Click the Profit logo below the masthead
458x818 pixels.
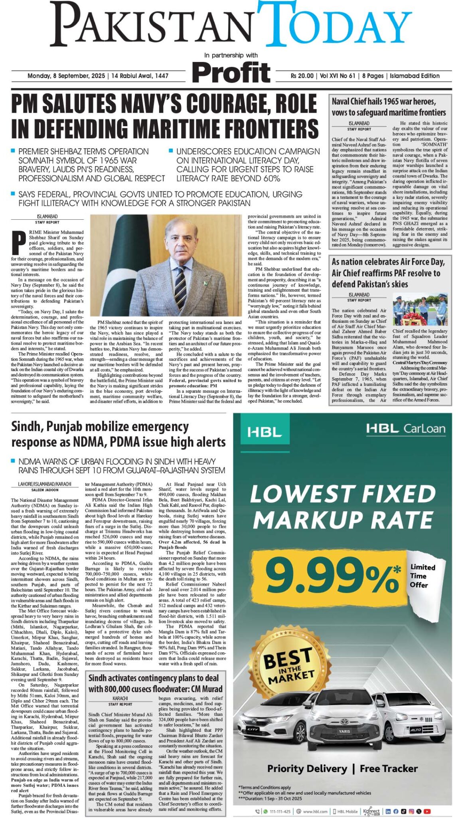coord(231,73)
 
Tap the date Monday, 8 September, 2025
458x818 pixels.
coord(66,76)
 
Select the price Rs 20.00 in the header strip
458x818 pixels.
coord(302,76)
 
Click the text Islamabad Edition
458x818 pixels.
coord(415,76)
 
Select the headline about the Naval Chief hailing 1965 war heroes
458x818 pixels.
coord(389,107)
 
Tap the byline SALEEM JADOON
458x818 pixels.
coord(45,490)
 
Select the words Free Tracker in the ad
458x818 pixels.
coord(389,768)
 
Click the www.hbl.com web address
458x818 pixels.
coord(315,811)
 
